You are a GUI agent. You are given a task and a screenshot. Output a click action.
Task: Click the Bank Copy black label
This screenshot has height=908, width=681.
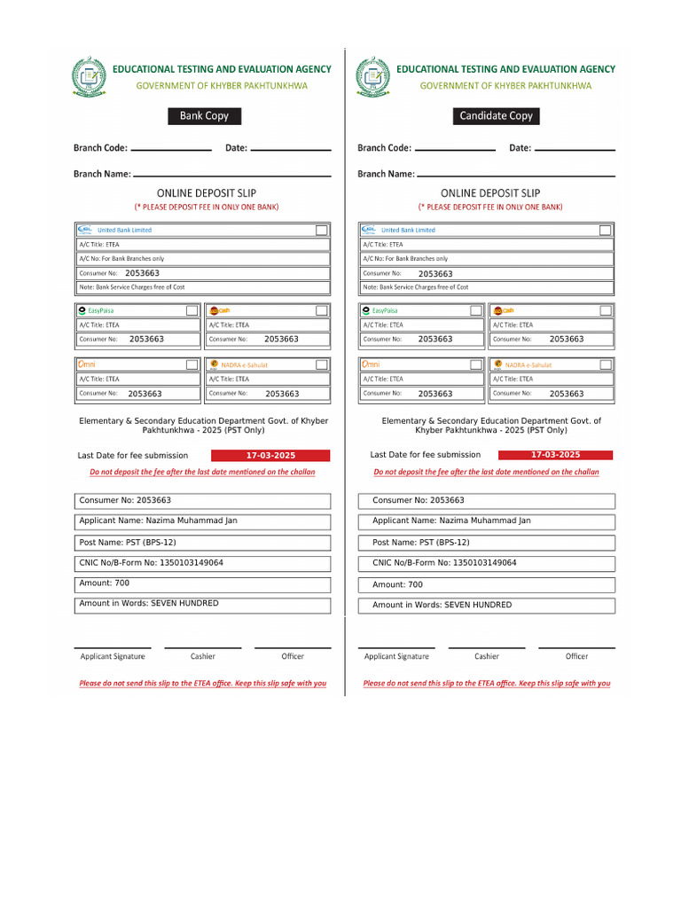[x=204, y=116]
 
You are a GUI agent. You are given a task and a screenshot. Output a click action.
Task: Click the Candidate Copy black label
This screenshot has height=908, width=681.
[x=496, y=116]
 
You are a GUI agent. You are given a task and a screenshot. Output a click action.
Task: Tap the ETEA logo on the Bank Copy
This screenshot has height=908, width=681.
[x=89, y=76]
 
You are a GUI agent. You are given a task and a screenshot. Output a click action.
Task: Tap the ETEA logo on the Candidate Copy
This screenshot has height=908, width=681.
[x=372, y=76]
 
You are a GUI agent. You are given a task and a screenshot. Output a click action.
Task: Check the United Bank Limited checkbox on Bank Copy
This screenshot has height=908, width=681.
[x=321, y=230]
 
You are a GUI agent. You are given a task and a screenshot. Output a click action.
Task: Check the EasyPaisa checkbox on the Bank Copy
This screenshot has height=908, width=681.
[x=192, y=310]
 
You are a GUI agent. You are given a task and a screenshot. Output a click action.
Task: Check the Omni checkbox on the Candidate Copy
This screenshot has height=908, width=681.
[x=475, y=364]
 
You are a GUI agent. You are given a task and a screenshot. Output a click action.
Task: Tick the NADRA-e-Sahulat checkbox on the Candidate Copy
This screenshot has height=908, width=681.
[x=605, y=364]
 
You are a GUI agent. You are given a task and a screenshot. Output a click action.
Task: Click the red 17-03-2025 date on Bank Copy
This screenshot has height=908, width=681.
[x=270, y=456]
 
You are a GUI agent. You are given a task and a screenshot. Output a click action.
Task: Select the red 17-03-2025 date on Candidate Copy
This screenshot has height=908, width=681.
[x=556, y=455]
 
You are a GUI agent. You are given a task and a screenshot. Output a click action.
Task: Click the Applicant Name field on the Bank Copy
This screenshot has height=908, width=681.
[x=204, y=521]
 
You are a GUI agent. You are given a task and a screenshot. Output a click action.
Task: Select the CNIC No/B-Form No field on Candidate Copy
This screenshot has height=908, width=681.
[x=487, y=563]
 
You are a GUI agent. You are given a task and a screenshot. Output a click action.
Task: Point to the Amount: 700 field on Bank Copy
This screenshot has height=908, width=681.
[x=204, y=584]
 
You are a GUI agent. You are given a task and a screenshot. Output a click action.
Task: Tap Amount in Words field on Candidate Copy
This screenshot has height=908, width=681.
[x=487, y=606]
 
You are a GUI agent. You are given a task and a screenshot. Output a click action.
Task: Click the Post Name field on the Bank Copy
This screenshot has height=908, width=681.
[x=204, y=543]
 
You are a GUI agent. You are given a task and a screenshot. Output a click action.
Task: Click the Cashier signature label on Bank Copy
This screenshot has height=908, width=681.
[x=202, y=656]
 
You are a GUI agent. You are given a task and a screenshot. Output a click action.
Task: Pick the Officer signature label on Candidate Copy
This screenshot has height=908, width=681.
[x=576, y=656]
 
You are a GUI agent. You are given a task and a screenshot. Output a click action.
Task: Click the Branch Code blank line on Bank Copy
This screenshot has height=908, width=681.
[x=170, y=150]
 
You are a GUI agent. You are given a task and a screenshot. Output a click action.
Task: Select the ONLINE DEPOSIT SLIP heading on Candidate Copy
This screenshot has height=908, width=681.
[x=490, y=193]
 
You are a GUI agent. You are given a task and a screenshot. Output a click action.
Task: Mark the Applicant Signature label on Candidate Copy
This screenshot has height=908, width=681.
[x=396, y=656]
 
